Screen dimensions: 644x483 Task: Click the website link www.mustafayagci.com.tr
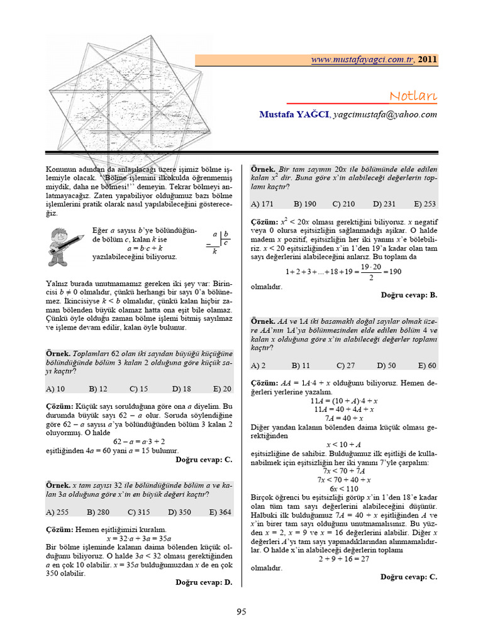pos(362,60)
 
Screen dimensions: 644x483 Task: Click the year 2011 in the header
pos(428,60)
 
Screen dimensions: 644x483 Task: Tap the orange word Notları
pos(413,96)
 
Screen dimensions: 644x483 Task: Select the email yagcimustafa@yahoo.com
pos(385,114)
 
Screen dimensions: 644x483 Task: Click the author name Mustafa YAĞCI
pos(293,114)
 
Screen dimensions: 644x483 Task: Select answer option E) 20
pos(222,389)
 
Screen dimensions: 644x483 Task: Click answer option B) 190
pos(305,204)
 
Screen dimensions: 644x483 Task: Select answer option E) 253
pos(425,204)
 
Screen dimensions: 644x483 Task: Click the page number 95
pos(241,611)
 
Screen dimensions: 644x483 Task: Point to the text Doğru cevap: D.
pos(204,582)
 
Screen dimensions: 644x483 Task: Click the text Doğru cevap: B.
pos(409,294)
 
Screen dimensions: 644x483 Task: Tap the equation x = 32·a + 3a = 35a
pos(139,538)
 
